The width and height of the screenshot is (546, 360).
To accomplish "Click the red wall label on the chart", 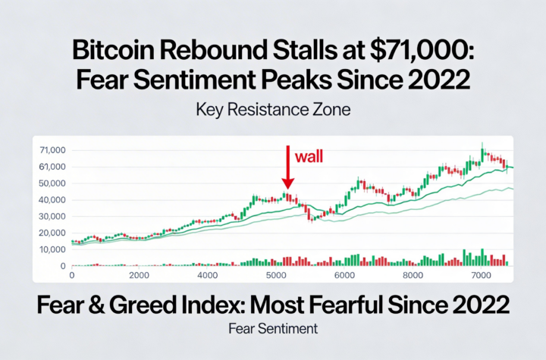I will pos(309,157).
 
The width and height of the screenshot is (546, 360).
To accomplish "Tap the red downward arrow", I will pos(287,167).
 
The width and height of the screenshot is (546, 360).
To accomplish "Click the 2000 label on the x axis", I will pos(139,276).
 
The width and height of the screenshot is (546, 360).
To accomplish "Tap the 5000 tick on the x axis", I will pos(276,276).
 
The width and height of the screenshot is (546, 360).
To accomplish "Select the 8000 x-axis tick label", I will pos(413,276).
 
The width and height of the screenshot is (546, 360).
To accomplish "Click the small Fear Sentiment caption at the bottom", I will pos(273,329).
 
